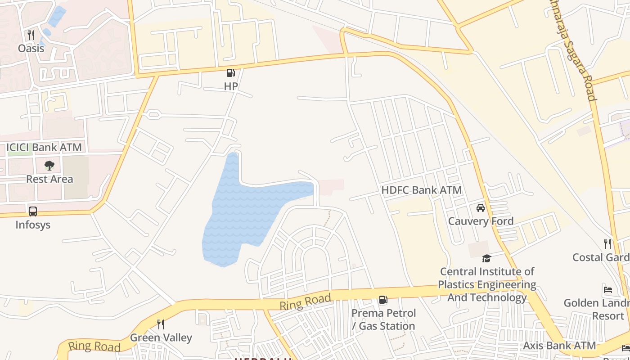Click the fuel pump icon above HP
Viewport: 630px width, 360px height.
tap(230, 73)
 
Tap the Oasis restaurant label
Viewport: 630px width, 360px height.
tap(31, 48)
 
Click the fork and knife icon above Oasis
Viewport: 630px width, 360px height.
tap(31, 35)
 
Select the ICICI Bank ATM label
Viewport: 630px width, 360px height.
tap(44, 147)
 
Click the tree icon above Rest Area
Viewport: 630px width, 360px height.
tap(49, 166)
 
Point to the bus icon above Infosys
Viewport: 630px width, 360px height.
tap(33, 211)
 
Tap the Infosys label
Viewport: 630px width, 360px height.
tap(33, 224)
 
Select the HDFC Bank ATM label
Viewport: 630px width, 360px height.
tap(421, 190)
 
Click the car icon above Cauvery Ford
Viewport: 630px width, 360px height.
tap(481, 208)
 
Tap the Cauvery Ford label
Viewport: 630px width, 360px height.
tap(481, 221)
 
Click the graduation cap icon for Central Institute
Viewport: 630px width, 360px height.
tap(486, 258)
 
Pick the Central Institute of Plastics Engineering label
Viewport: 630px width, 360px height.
tap(487, 284)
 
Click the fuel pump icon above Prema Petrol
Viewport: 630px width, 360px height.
tap(383, 300)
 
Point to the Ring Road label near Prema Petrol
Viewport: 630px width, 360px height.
tap(306, 301)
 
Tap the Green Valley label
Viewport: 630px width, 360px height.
tap(161, 337)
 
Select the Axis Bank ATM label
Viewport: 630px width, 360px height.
tap(559, 346)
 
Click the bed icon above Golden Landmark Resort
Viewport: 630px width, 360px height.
tap(608, 289)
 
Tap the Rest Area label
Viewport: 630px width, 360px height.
tap(49, 179)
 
